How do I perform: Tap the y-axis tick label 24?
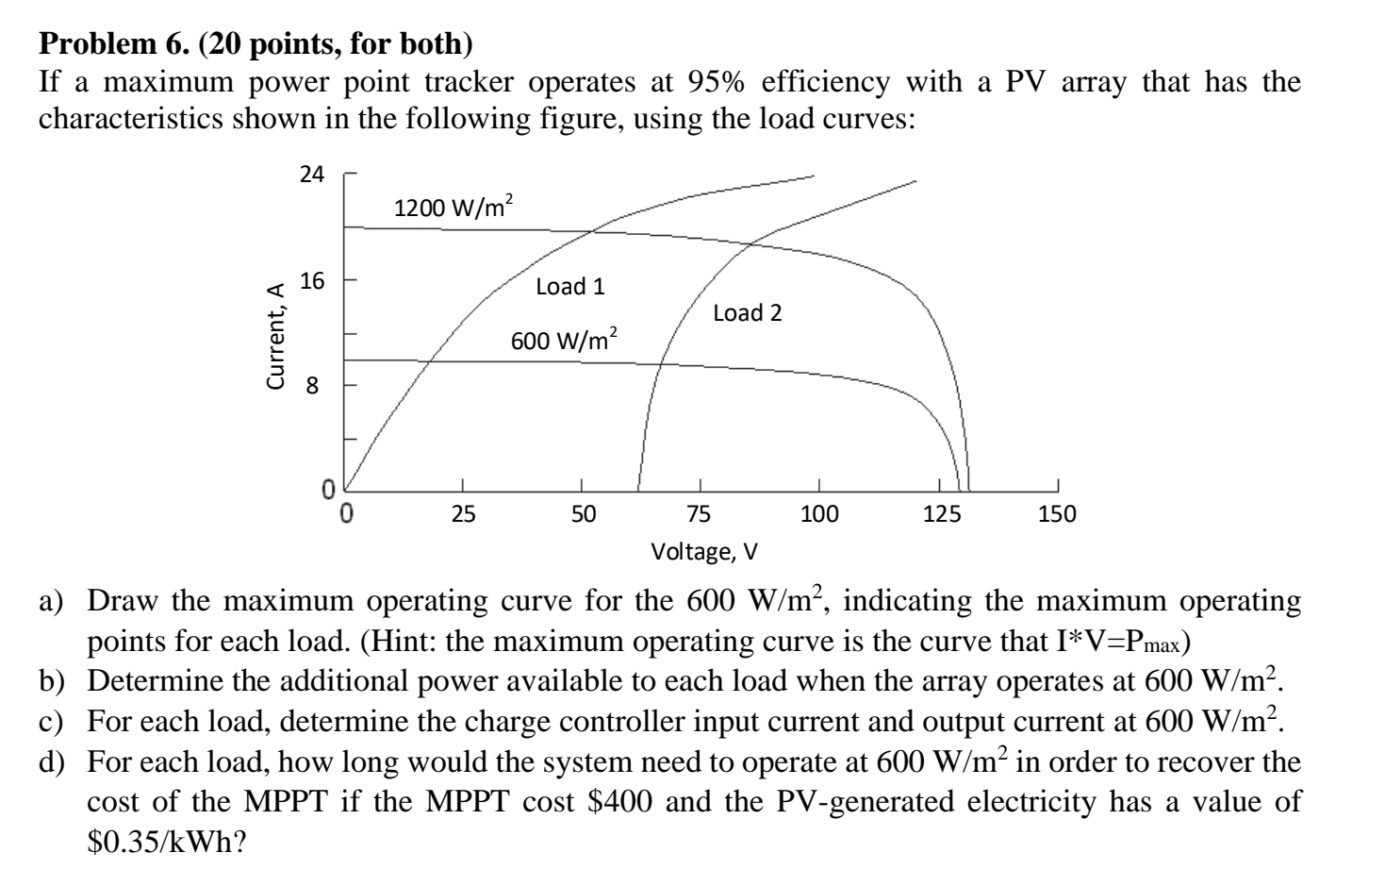[x=311, y=175]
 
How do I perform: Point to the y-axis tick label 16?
[x=311, y=281]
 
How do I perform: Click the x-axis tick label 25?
[x=462, y=514]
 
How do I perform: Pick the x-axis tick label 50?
[x=583, y=514]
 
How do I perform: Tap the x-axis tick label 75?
[x=701, y=514]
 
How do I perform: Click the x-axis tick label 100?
[x=818, y=514]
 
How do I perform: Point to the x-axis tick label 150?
[x=1057, y=514]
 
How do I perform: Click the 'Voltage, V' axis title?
[x=704, y=551]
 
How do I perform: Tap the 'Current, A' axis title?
[x=276, y=337]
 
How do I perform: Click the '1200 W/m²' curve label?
[x=453, y=207]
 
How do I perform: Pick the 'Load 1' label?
[x=570, y=286]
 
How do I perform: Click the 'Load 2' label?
[x=748, y=312]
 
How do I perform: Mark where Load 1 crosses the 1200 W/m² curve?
[x=591, y=232]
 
